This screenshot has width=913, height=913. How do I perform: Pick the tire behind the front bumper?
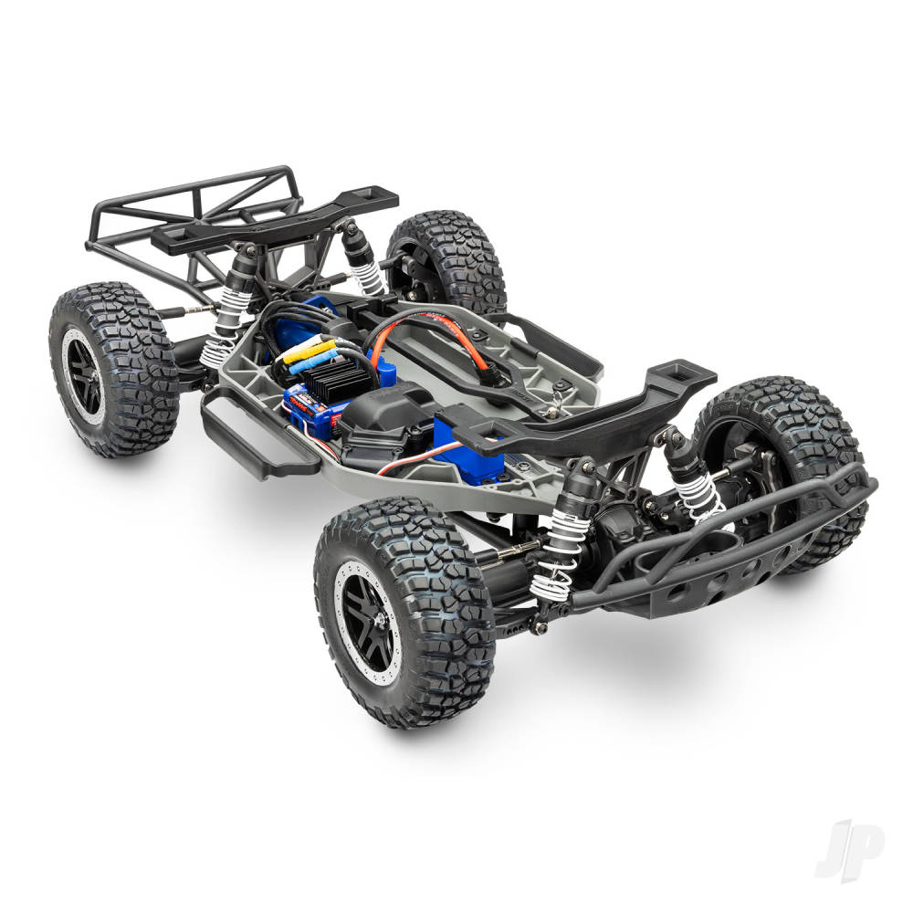(803, 456)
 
